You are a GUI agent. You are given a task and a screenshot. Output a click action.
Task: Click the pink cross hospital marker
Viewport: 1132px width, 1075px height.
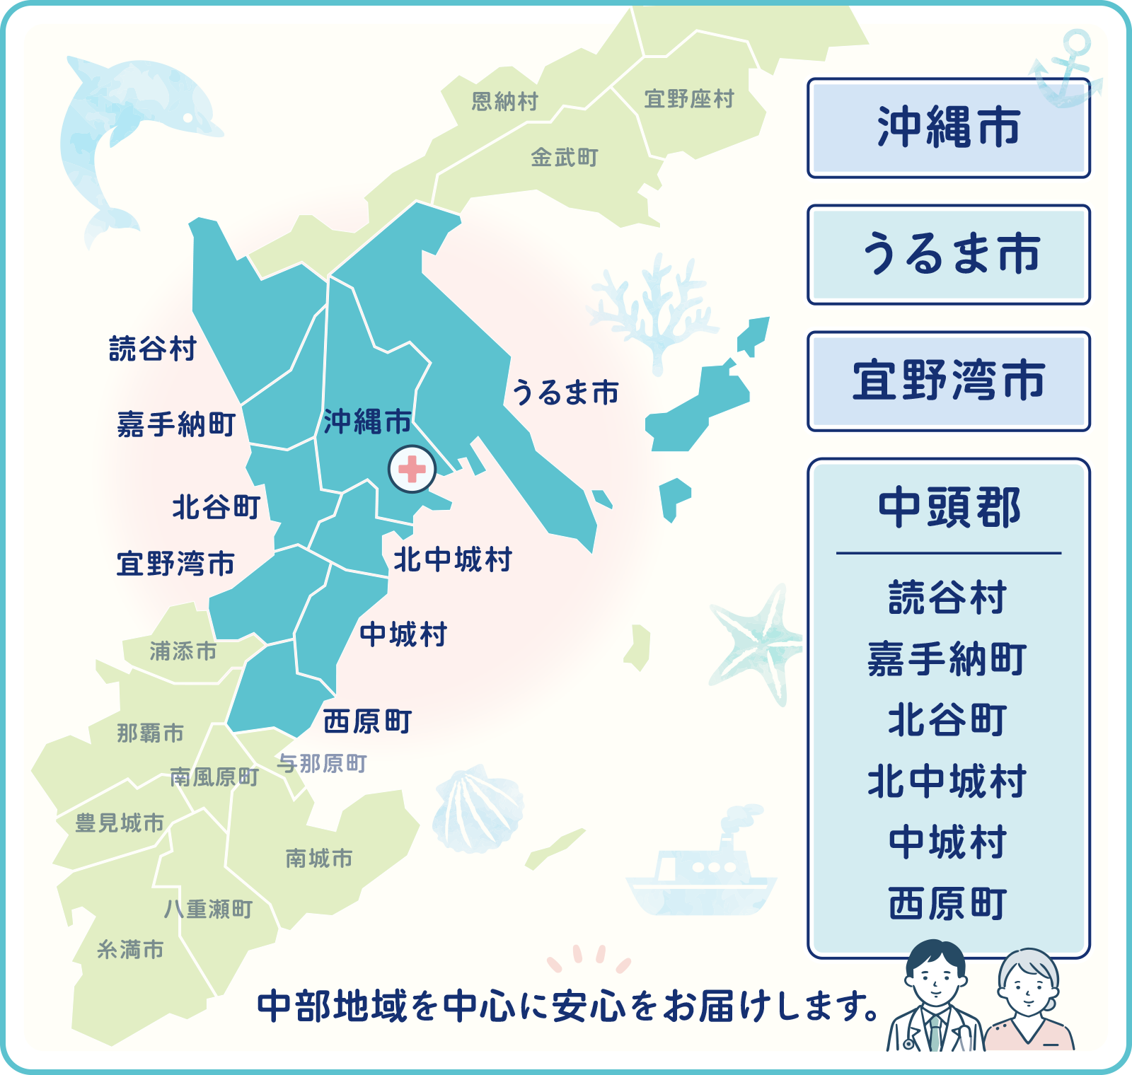[x=412, y=469]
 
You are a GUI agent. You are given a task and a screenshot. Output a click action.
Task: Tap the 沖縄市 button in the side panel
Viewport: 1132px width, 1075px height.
[x=948, y=128]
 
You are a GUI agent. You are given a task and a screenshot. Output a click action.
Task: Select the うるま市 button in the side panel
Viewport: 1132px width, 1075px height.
[x=948, y=255]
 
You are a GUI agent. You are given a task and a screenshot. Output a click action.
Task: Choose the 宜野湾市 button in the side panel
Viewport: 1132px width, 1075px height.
[x=948, y=381]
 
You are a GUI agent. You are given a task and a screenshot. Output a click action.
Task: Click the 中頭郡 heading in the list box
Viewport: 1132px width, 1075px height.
[x=948, y=508]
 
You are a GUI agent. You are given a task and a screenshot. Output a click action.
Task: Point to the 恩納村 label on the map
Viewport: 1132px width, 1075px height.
[x=504, y=101]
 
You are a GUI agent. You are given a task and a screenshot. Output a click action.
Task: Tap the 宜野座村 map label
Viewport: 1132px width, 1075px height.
[x=689, y=99]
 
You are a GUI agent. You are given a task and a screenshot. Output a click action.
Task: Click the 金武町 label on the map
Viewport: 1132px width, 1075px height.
[x=564, y=157]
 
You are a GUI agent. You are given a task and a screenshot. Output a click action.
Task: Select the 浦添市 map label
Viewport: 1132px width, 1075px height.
[x=183, y=651]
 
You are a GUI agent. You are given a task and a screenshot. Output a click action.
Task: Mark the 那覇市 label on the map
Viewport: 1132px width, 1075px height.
[x=150, y=733]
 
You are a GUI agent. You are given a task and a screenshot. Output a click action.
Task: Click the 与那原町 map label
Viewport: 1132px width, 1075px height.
[x=321, y=764]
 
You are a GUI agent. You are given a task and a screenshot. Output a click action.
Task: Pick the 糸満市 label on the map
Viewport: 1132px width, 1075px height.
[x=130, y=949]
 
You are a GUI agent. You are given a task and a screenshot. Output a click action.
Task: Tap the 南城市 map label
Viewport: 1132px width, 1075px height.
[x=318, y=859]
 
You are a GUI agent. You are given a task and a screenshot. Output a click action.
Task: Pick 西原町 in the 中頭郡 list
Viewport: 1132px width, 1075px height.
[x=948, y=904]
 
